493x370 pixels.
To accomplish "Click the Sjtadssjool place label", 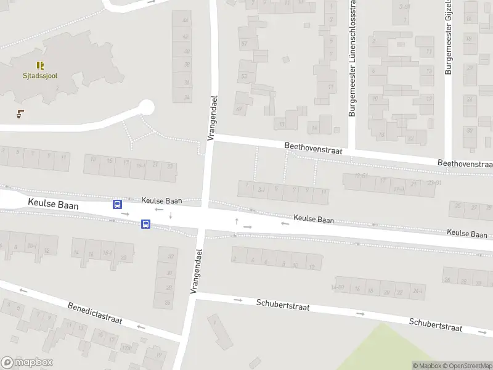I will click(x=40, y=75).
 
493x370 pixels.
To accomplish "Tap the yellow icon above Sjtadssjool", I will click(x=40, y=65).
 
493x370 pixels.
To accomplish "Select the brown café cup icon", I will click(x=21, y=113).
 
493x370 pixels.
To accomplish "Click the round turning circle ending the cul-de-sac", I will click(x=145, y=107).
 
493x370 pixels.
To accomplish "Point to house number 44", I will click(x=184, y=20).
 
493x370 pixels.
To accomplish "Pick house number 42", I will click(x=184, y=36).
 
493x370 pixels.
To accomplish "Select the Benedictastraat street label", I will click(x=95, y=313).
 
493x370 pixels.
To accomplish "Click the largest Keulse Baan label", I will click(x=52, y=204).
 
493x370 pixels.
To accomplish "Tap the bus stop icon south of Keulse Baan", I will click(x=145, y=224).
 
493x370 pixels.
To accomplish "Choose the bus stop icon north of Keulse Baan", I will click(x=117, y=204).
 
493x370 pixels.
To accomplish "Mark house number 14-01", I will click(x=337, y=287).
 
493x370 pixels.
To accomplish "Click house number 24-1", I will click(x=418, y=290).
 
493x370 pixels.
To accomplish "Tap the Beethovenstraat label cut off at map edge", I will click(x=465, y=164).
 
